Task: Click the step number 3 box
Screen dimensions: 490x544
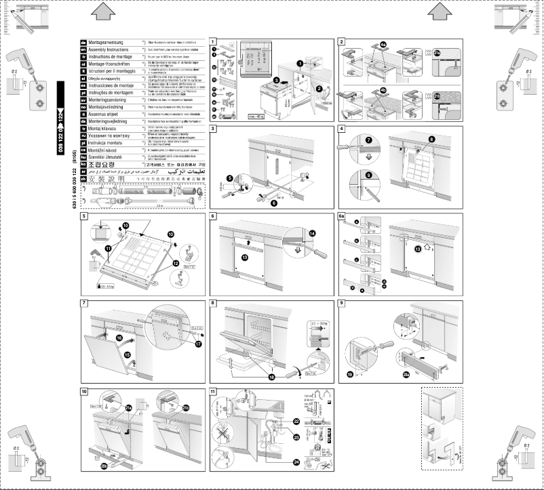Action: point(214,129)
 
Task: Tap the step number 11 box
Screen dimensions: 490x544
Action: point(214,392)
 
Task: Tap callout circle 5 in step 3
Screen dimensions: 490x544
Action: point(230,178)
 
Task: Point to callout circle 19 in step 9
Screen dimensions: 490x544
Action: point(350,373)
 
